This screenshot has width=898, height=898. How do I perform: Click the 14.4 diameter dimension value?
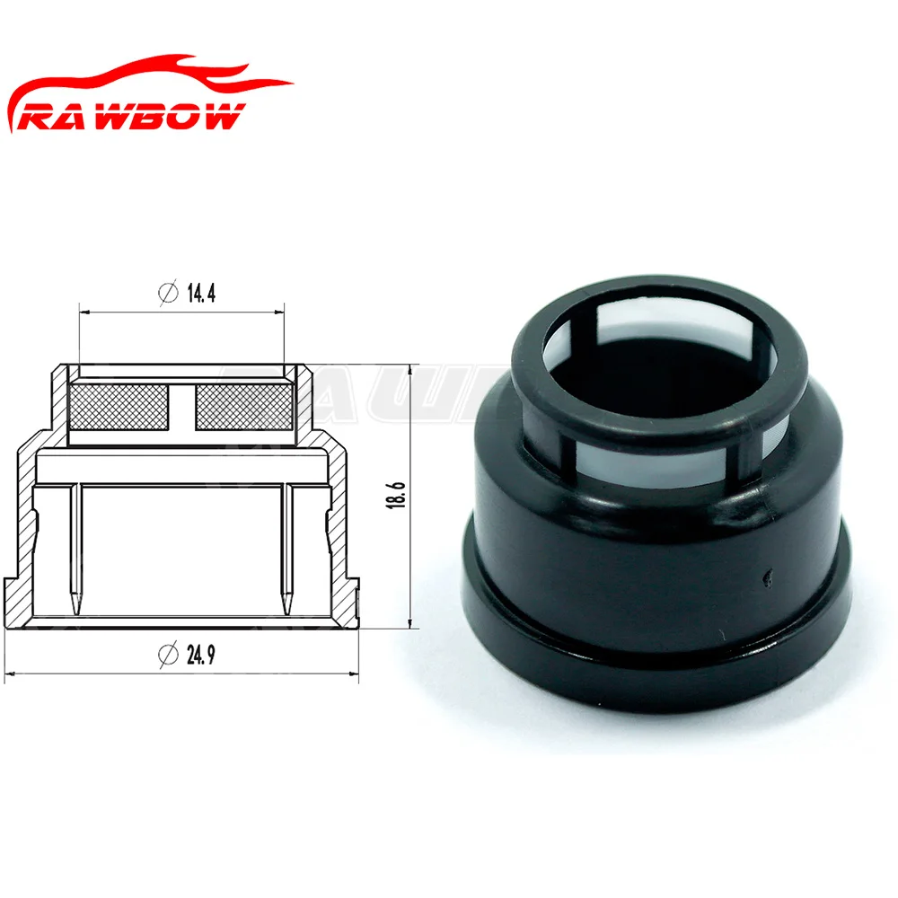click(x=201, y=293)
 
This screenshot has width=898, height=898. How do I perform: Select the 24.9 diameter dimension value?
click(x=201, y=655)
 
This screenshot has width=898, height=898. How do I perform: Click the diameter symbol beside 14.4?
click(x=168, y=293)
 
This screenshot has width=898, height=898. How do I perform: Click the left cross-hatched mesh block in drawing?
click(x=119, y=407)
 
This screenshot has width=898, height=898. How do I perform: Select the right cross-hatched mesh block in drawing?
click(x=244, y=407)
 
